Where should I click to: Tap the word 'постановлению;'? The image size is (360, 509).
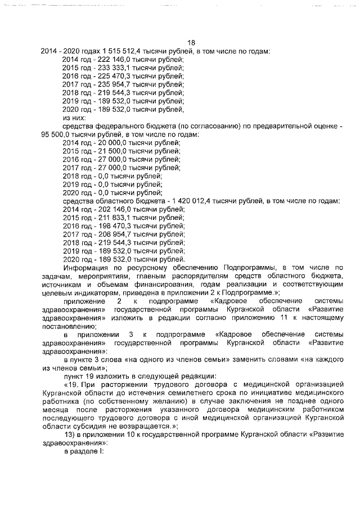[69, 326]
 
